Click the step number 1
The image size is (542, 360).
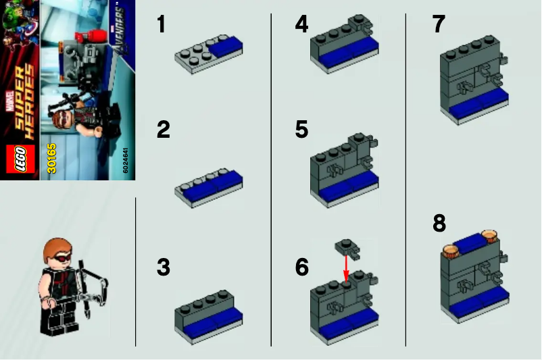tap(161, 25)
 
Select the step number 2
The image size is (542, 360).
tap(163, 129)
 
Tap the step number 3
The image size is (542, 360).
tap(163, 267)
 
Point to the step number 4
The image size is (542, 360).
tap(301, 25)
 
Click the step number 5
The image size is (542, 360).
tap(301, 129)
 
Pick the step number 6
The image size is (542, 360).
tap(301, 267)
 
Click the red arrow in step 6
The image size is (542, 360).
tap(345, 268)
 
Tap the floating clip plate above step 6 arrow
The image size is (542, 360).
tap(347, 249)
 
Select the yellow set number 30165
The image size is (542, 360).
tap(51, 157)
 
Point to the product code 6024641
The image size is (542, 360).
tap(126, 159)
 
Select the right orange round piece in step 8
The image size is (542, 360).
tap(489, 236)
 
